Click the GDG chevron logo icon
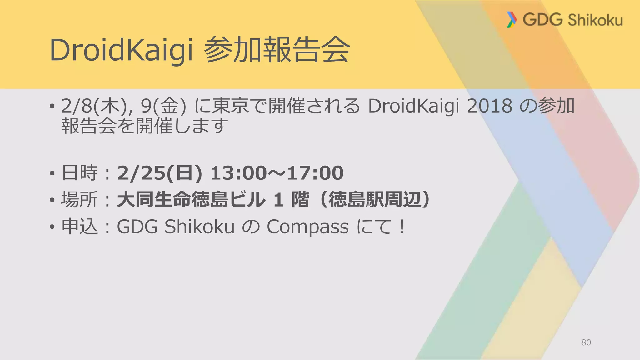(511, 20)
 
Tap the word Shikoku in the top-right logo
(595, 20)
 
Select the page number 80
(586, 342)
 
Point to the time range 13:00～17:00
(277, 173)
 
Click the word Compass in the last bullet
(307, 227)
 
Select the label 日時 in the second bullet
(79, 173)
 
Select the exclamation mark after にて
(402, 227)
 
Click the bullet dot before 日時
(52, 173)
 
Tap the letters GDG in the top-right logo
(542, 20)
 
